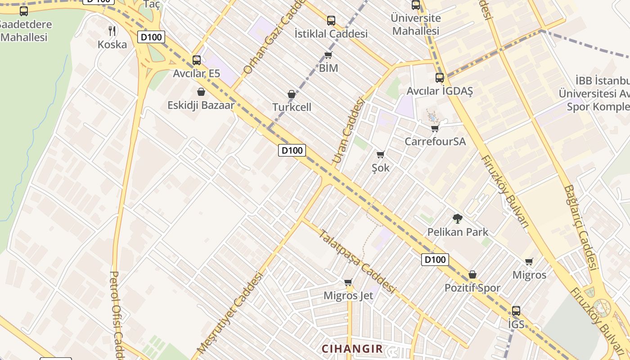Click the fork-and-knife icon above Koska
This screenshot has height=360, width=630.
pos(112,31)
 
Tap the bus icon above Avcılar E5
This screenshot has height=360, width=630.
pos(197,60)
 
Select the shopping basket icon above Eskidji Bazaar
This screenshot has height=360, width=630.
pos(201,92)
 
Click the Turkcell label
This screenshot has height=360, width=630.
pos(292,107)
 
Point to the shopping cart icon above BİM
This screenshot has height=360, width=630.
pos(328,55)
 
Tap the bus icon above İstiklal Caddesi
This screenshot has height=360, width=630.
pos(331,20)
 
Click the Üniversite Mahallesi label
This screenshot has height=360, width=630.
pos(415,24)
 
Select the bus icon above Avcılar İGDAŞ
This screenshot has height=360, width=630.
pos(440,77)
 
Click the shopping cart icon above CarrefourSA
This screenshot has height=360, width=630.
pos(435,129)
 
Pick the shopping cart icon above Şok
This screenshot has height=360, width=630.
pos(380,155)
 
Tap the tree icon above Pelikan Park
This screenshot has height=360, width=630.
pos(458,219)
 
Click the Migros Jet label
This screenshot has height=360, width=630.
pos(348,296)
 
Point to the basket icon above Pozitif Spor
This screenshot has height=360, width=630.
pos(472,274)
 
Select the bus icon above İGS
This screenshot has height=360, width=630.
pos(516,310)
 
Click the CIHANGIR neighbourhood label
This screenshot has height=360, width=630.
pos(352,348)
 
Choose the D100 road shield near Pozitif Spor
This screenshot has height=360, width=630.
pos(435,259)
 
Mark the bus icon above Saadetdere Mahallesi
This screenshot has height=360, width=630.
pos(24,11)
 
